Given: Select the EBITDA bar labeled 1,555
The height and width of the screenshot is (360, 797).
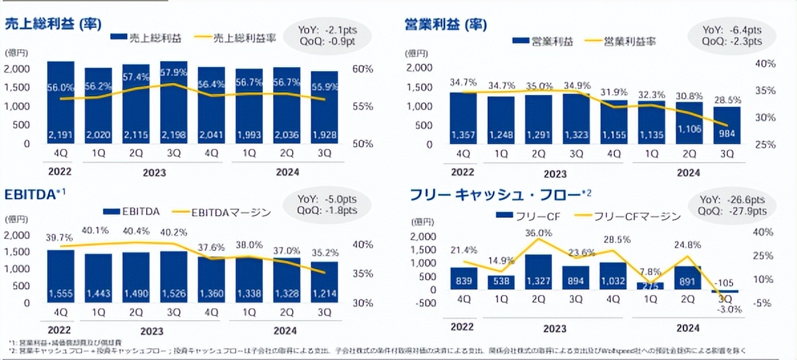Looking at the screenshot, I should pyautogui.click(x=60, y=275).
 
